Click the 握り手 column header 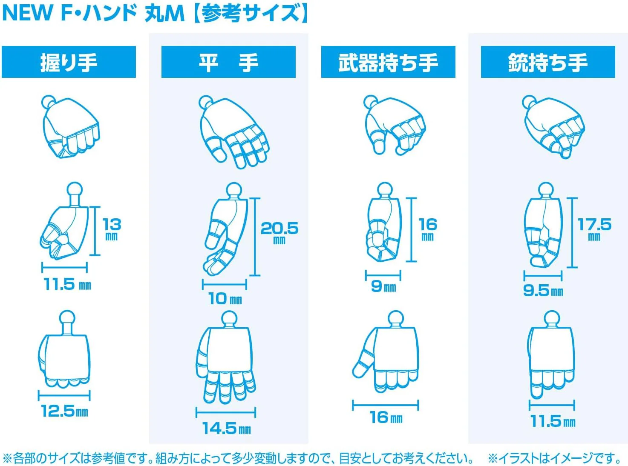pyautogui.click(x=69, y=62)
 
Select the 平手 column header pyautogui.click(x=228, y=62)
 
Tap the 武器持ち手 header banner pyautogui.click(x=388, y=62)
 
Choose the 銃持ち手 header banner pyautogui.click(x=548, y=62)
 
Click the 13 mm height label pyautogui.click(x=112, y=229)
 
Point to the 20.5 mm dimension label pyautogui.click(x=279, y=233)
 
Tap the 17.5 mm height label pyautogui.click(x=594, y=229)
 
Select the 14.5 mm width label pyautogui.click(x=227, y=429)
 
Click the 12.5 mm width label pyautogui.click(x=65, y=411)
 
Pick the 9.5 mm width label pyautogui.click(x=543, y=291)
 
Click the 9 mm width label pyautogui.click(x=383, y=286)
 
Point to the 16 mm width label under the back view pyautogui.click(x=386, y=417)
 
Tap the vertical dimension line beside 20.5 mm pyautogui.click(x=255, y=237)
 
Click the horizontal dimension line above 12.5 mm pyautogui.click(x=64, y=395)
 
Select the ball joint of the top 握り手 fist pyautogui.click(x=49, y=102)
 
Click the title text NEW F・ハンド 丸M pyautogui.click(x=93, y=13)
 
